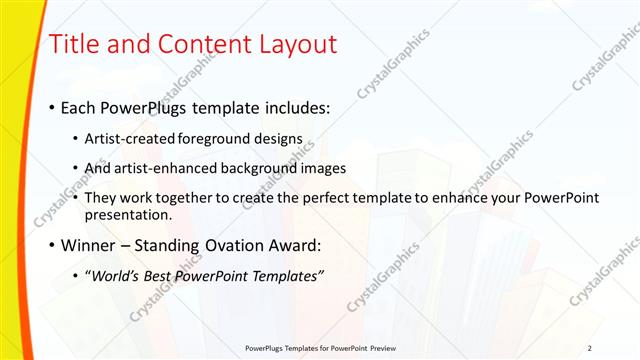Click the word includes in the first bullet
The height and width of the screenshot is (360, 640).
pos(295,107)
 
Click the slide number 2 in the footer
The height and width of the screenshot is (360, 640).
pos(590,348)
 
